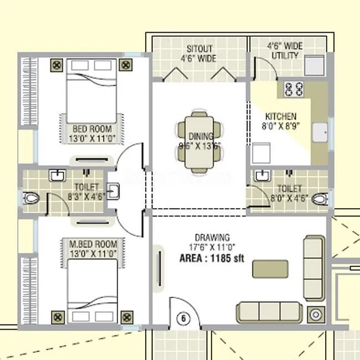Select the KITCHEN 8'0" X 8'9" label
coord(281,121)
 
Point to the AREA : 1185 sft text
coord(212,258)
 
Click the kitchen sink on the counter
coord(321,133)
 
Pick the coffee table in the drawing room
coord(270,269)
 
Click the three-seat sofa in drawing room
coord(270,312)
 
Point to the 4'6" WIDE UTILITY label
coord(283,51)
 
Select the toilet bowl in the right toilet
coord(318,198)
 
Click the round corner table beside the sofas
coord(316,315)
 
